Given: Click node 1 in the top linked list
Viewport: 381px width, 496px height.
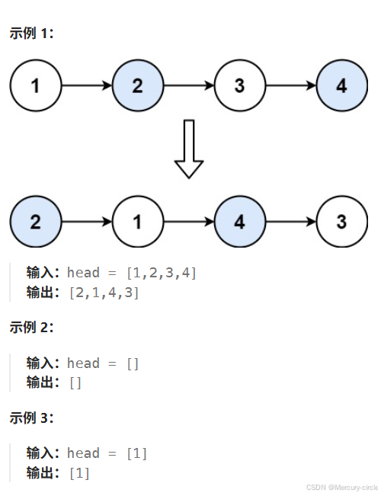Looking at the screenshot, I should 35,86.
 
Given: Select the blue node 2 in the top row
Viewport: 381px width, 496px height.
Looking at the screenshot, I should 137,86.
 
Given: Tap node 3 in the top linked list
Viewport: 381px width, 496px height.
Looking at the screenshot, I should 239,86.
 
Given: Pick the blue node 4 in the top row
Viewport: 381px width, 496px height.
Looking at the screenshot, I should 341,86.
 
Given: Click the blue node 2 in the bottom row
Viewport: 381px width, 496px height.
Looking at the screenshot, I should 35,222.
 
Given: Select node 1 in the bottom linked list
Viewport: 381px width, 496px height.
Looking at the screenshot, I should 137,222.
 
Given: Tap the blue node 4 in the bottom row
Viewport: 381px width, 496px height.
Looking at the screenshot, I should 239,222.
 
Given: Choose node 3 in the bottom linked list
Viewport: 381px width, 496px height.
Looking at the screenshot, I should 341,222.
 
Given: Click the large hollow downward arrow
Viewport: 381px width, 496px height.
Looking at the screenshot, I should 189,149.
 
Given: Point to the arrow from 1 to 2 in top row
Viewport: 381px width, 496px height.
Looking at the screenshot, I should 86,86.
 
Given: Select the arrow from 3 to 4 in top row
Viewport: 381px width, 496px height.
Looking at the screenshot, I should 290,86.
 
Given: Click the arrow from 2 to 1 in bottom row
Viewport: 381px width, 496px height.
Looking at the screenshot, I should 86,222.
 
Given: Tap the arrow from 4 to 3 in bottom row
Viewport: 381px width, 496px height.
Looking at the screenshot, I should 290,222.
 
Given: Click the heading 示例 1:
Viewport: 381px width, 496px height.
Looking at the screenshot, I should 31,34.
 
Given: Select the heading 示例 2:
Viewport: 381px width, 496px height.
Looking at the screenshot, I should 31,328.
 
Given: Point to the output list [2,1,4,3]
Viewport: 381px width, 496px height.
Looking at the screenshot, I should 104,293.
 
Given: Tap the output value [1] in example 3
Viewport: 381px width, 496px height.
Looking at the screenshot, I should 79,473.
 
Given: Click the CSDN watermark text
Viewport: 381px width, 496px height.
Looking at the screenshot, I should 341,487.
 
